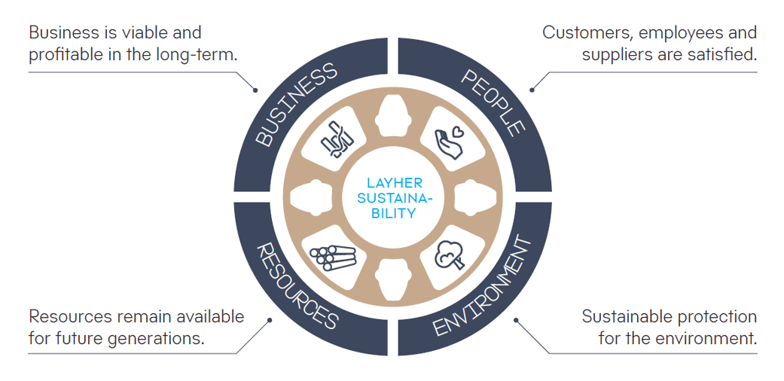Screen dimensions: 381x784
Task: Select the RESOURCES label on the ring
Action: (297, 285)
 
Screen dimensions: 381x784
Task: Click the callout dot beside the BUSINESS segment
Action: (256, 91)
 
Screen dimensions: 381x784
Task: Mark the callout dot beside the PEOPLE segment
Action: (532, 90)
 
